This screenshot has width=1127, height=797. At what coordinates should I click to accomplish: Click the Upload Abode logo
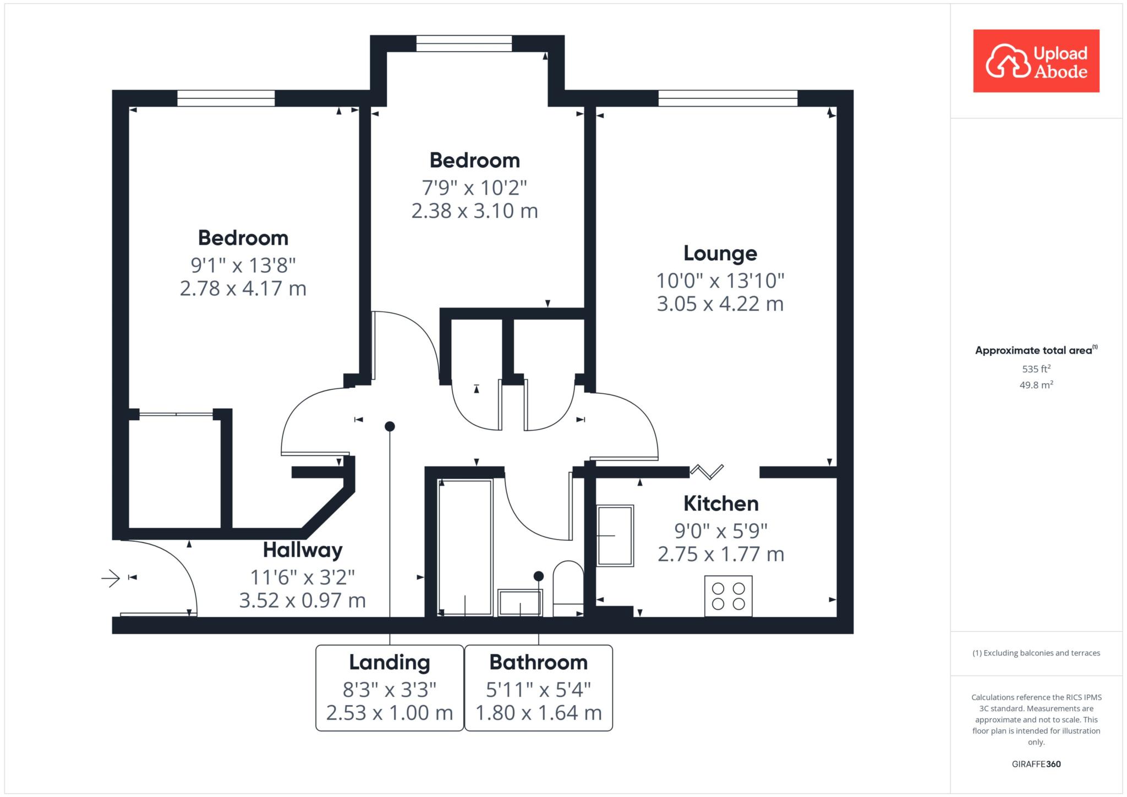point(1036,61)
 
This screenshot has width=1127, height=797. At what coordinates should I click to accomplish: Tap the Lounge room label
point(720,253)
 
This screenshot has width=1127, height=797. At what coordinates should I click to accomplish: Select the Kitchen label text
point(721,503)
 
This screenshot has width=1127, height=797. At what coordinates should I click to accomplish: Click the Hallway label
point(303,550)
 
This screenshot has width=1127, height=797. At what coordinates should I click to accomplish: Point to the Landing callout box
point(390,688)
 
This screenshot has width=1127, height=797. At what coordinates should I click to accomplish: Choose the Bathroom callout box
point(539,688)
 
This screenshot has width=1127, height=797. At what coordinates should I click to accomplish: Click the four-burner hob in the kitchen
point(729,596)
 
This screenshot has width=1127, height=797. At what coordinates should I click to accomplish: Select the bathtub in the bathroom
point(465,547)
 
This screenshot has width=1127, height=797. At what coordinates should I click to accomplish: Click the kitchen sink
point(615,535)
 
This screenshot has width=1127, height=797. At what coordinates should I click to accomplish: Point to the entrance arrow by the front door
point(111,578)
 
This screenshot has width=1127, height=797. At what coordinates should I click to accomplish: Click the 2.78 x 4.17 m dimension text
point(243,289)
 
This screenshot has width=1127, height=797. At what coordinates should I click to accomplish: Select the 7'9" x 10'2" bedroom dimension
point(474,188)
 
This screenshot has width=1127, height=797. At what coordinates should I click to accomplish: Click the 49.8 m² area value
point(1036,385)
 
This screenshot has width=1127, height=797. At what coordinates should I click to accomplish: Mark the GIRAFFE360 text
point(1036,764)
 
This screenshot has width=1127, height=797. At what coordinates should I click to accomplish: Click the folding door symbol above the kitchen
point(707,471)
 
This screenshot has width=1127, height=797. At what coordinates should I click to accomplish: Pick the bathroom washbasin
point(520,602)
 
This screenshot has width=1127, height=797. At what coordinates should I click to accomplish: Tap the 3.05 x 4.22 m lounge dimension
point(720,304)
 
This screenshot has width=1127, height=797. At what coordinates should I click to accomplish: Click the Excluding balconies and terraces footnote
point(1036,653)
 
